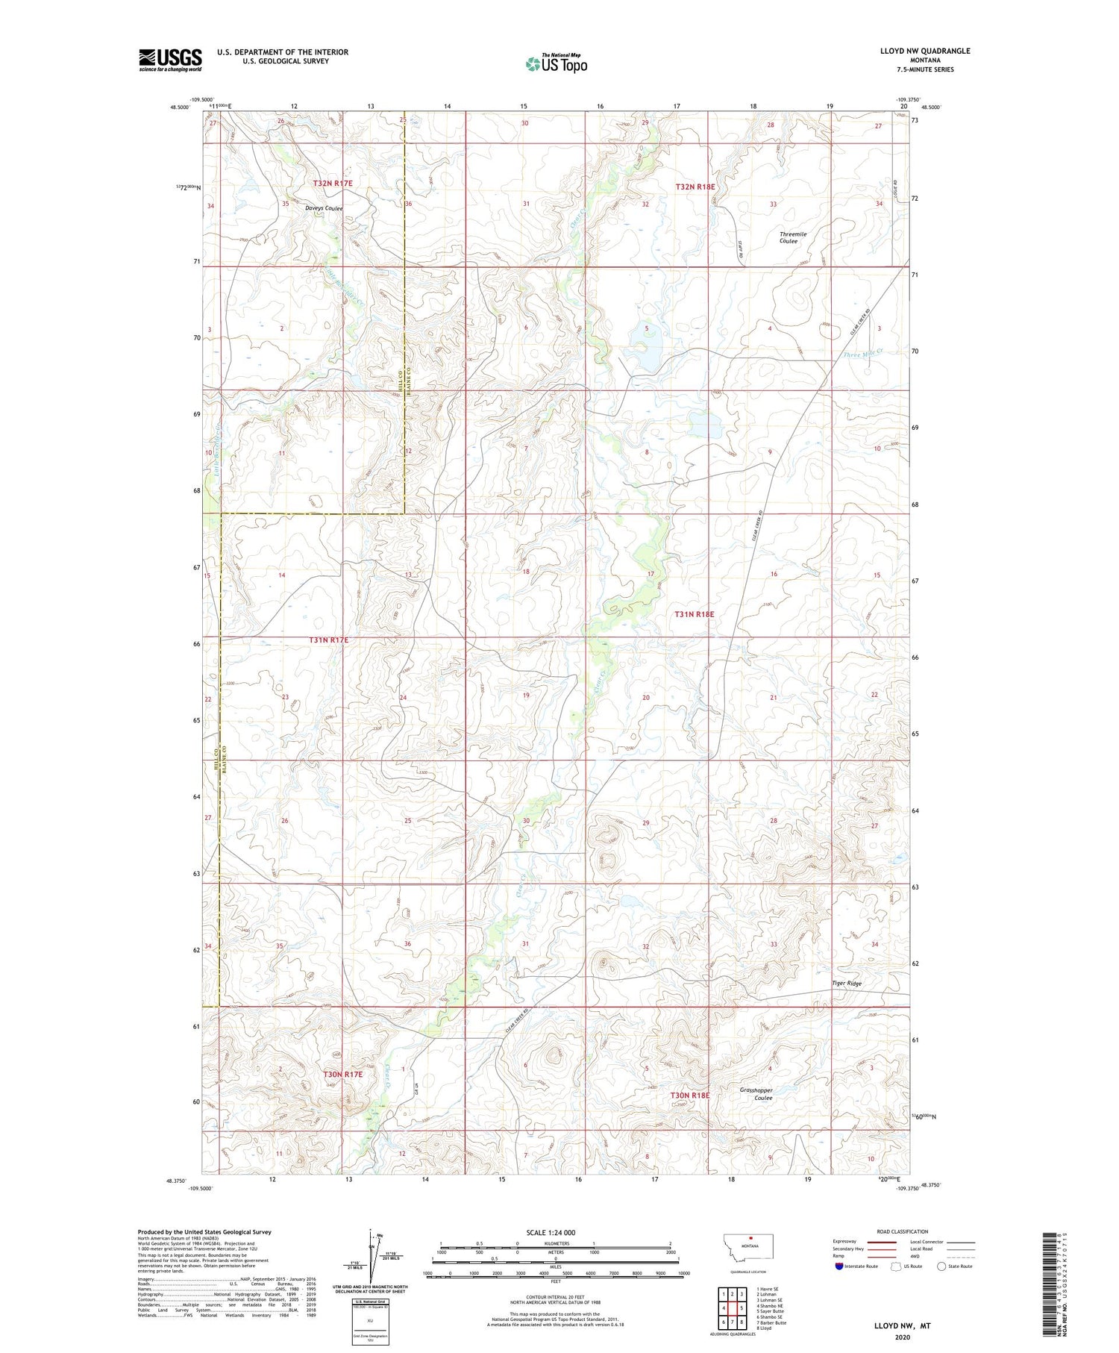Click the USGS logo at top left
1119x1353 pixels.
pyautogui.click(x=170, y=60)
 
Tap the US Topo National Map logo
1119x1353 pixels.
pyautogui.click(x=556, y=63)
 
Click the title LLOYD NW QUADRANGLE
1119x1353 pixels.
pyautogui.click(x=925, y=51)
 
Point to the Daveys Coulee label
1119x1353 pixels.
pyautogui.click(x=323, y=208)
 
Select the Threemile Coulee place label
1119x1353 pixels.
pyautogui.click(x=792, y=237)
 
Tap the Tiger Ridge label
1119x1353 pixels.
pyautogui.click(x=847, y=984)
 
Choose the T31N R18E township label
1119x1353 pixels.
pyautogui.click(x=694, y=614)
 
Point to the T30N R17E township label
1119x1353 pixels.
pyautogui.click(x=342, y=1074)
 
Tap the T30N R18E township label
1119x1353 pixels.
pyautogui.click(x=689, y=1095)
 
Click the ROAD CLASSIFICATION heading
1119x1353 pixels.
pyautogui.click(x=903, y=1231)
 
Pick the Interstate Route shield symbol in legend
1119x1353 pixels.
pyautogui.click(x=839, y=1266)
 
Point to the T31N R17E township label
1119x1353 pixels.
pyautogui.click(x=328, y=640)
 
